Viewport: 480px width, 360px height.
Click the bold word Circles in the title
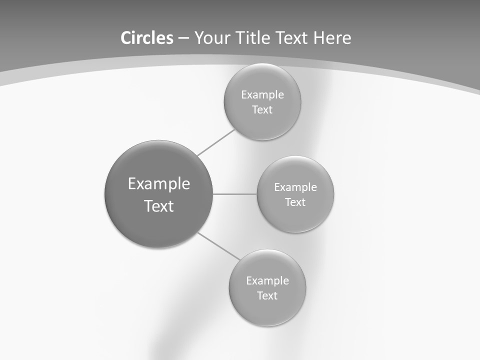point(147,38)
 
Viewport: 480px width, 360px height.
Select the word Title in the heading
point(253,38)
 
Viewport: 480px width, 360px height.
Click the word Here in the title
point(332,38)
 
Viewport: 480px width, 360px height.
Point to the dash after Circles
point(183,39)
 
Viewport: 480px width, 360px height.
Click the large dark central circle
point(158,194)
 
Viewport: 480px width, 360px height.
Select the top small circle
point(262,102)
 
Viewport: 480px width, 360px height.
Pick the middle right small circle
point(295,194)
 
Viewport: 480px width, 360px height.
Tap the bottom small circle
point(267,288)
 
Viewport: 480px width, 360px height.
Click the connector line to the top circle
point(216,142)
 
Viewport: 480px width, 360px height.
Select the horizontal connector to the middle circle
point(235,194)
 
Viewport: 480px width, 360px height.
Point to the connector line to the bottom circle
point(219,246)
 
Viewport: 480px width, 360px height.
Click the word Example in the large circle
point(159,184)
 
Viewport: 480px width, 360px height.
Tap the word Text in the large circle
point(159,206)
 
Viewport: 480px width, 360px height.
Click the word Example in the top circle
point(262,95)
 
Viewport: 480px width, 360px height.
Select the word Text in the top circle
point(262,109)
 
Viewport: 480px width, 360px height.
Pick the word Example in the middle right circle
point(295,187)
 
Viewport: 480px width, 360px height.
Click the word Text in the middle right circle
point(295,202)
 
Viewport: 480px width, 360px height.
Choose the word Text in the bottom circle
point(267,295)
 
